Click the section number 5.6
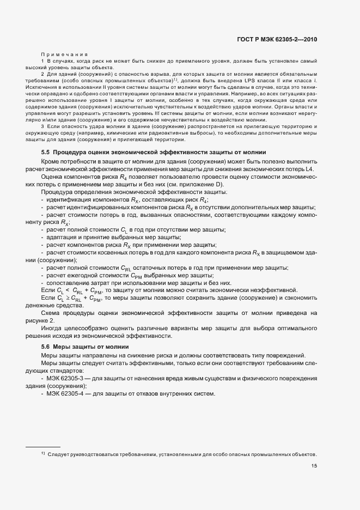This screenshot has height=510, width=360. click(46, 347)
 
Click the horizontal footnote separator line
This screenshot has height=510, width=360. click(43, 446)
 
